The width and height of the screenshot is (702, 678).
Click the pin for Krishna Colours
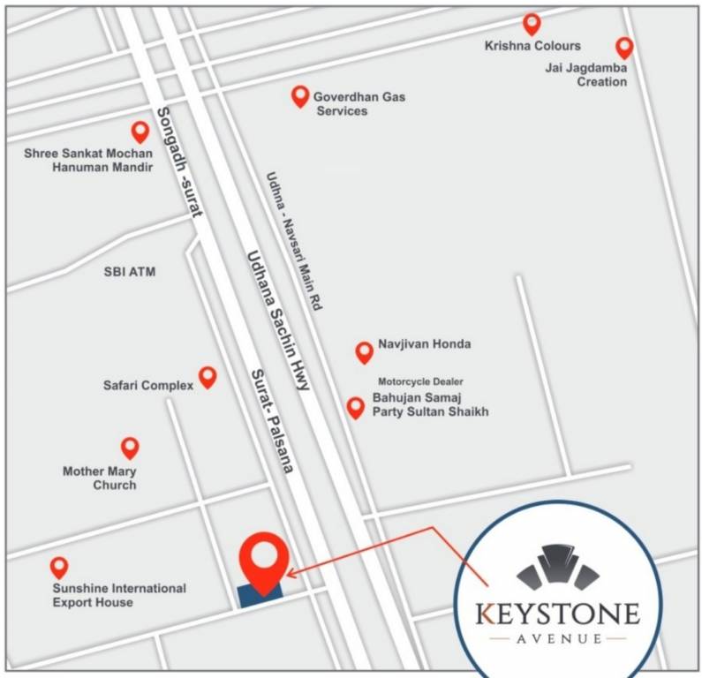point(532,24)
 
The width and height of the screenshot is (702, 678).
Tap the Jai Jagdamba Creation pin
point(624,48)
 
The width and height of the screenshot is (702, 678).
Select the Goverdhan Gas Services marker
point(300,96)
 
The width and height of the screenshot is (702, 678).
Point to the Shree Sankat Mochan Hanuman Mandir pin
point(140,132)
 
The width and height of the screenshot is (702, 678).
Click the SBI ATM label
point(130,272)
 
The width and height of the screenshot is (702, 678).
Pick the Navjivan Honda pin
point(364,352)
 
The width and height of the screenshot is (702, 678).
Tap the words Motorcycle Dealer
point(420,381)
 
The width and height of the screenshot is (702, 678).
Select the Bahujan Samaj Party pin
point(355,407)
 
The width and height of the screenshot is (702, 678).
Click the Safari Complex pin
point(208,377)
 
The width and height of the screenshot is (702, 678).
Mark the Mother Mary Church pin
point(130,448)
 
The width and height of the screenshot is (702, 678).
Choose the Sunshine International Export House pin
point(59,568)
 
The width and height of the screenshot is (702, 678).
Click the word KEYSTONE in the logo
point(558,612)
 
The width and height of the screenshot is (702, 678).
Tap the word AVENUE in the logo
point(559,637)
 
